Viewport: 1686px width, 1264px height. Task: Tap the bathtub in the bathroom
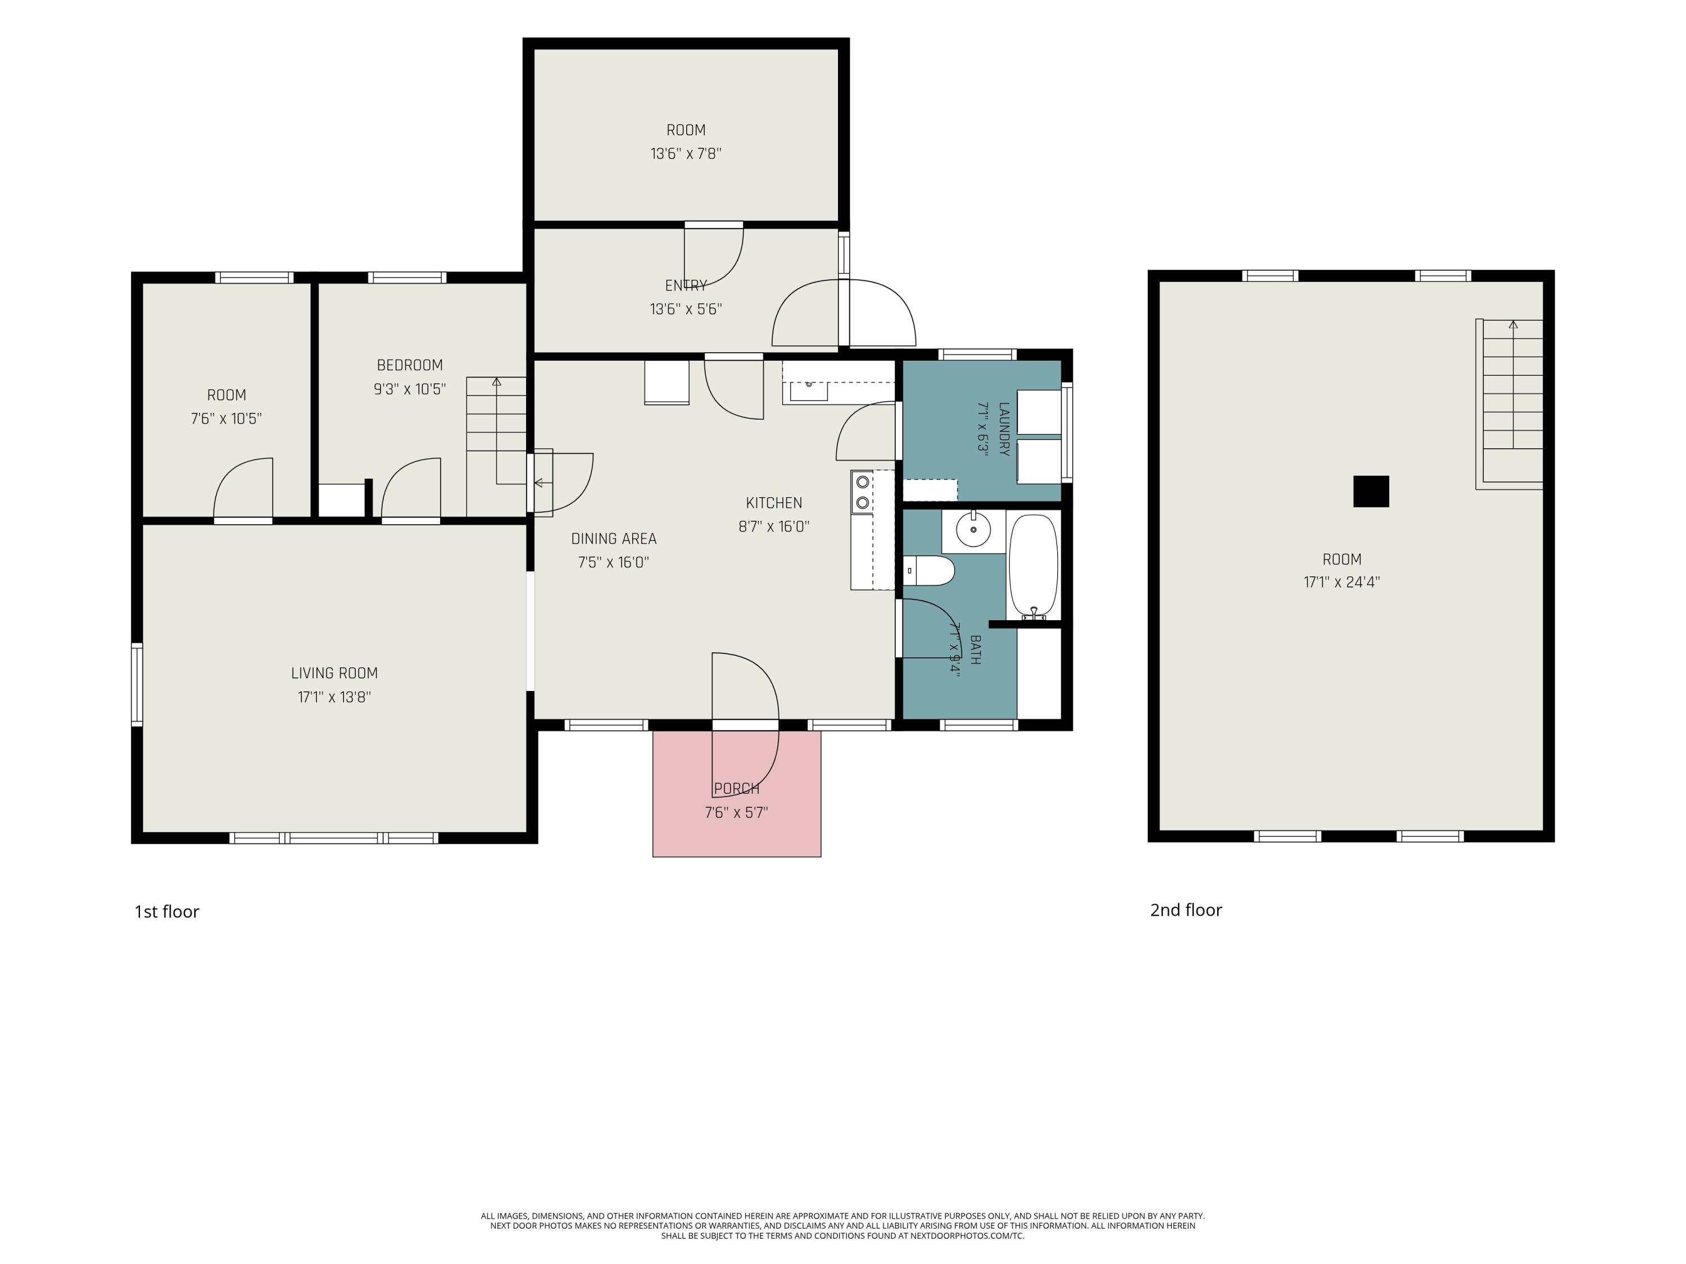pos(1034,567)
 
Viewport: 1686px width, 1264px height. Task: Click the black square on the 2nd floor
pos(1371,492)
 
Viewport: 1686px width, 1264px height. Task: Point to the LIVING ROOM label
pos(334,674)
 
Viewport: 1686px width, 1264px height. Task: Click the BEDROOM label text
pos(410,366)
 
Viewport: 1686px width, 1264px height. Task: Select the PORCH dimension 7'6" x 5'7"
pos(736,813)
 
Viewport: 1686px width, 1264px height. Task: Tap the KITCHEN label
pos(774,503)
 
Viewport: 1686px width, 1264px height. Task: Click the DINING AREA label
pos(614,539)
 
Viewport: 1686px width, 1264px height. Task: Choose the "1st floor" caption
pos(167,912)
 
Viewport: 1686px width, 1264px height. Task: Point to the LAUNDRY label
pos(1004,429)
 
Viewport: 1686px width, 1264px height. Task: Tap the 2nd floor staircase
pos(1510,404)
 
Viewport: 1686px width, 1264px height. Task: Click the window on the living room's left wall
pos(137,684)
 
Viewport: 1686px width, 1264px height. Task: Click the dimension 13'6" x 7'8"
pos(686,154)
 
